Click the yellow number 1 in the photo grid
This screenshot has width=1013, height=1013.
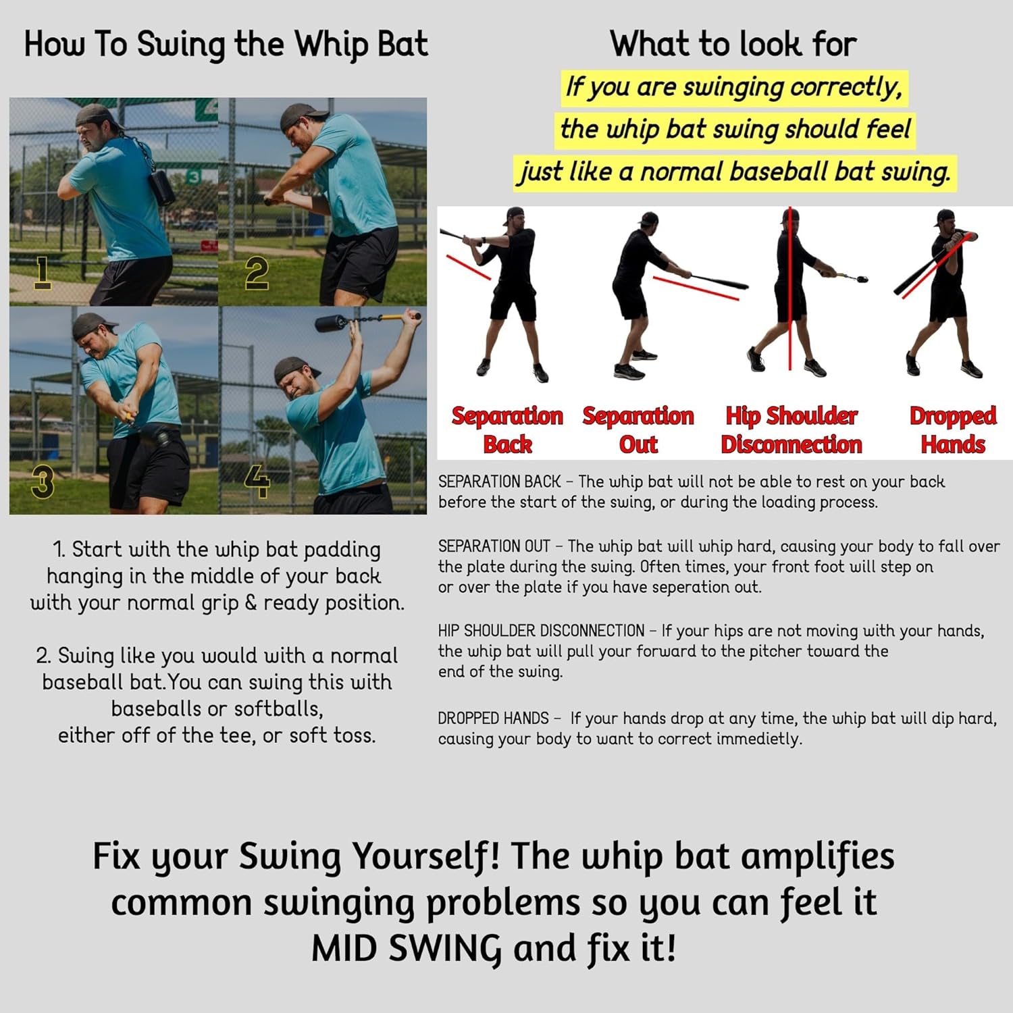click(x=42, y=272)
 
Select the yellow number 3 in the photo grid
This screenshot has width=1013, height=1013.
click(x=42, y=482)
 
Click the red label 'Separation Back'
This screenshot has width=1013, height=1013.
click(x=507, y=430)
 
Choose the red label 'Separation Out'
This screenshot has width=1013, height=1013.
click(x=638, y=430)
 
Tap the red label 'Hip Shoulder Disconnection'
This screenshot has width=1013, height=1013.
click(x=791, y=430)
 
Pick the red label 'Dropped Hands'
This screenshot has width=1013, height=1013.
click(x=952, y=430)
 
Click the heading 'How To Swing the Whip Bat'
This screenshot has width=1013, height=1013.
click(x=226, y=45)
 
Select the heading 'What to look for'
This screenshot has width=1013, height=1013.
click(x=733, y=45)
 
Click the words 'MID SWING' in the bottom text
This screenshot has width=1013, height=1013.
click(x=406, y=948)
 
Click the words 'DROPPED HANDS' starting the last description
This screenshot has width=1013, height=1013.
click(x=493, y=718)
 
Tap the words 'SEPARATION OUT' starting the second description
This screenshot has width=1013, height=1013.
click(x=494, y=546)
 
